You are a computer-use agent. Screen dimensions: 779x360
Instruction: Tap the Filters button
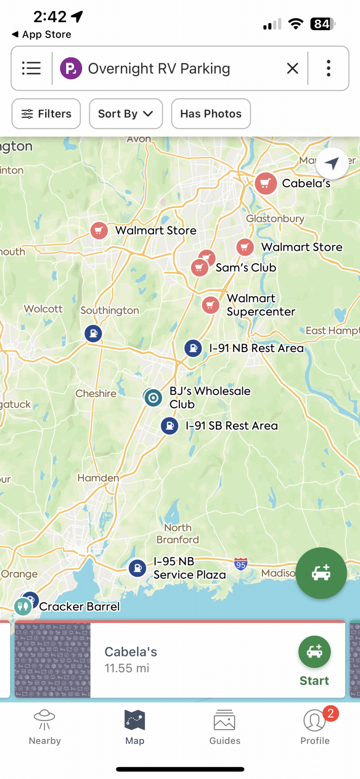point(46,114)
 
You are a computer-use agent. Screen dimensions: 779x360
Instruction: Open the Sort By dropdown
point(126,114)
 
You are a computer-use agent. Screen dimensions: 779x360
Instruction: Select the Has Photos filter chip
point(211,114)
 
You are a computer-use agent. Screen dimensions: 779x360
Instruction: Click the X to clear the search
point(292,68)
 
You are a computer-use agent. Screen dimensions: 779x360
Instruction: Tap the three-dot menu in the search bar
point(328,68)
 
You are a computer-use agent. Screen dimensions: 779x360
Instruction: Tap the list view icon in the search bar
point(31,68)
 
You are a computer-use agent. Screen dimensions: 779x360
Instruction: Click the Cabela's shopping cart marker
point(266,183)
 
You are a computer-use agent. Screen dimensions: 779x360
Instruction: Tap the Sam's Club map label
point(246,267)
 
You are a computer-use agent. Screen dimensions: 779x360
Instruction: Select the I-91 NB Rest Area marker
point(193,348)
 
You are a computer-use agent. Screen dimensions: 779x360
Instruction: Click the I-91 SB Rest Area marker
point(170,426)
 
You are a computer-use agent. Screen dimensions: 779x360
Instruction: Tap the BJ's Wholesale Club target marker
point(153,398)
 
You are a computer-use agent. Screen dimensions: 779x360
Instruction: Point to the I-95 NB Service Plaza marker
point(137,568)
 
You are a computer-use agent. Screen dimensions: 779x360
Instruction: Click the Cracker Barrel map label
point(80,606)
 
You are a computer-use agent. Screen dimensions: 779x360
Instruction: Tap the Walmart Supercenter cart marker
point(210,305)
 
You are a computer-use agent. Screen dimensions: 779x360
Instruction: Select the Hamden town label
point(98,478)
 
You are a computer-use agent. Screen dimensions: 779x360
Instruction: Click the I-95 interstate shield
point(241,564)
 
